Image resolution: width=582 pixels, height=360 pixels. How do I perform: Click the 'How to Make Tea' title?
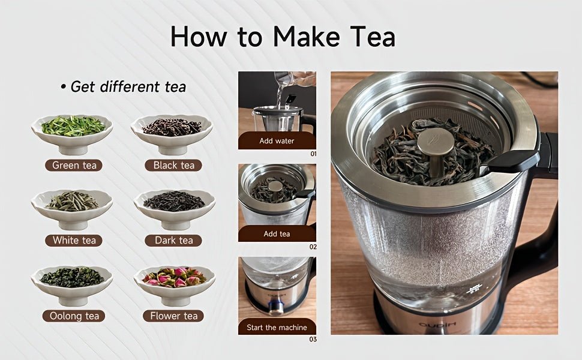tap(283, 37)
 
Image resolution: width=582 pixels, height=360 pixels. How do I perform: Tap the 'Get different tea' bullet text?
tap(123, 86)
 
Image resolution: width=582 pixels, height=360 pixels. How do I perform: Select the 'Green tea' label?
tap(74, 165)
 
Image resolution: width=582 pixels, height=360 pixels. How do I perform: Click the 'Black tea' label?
tap(173, 165)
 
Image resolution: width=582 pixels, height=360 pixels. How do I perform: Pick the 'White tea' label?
tap(74, 240)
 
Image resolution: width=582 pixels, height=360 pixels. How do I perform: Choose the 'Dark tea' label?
tap(173, 240)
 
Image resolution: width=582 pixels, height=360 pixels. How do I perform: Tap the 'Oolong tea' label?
tap(74, 316)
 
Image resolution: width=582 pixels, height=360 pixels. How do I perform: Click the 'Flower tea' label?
tap(173, 316)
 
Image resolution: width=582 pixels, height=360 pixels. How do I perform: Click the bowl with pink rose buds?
tap(174, 282)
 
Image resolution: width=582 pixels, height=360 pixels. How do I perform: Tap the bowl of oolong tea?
tap(72, 282)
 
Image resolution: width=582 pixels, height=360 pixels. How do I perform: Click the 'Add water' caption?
tap(277, 141)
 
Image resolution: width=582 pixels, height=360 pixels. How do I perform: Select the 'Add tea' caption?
tap(277, 233)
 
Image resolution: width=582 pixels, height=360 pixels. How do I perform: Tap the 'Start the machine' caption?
tap(277, 328)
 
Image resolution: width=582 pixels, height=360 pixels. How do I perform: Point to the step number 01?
tap(313, 154)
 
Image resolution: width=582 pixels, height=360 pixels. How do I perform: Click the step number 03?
tap(313, 340)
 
